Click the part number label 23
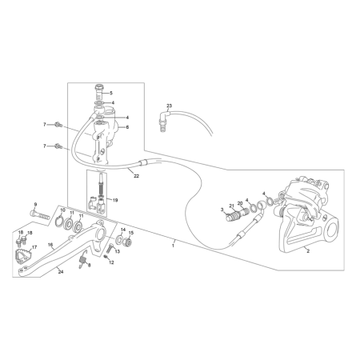(x=169, y=106)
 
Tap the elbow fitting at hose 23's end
(x=163, y=120)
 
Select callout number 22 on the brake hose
(x=136, y=176)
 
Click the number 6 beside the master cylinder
(x=127, y=127)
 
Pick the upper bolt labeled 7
(x=58, y=124)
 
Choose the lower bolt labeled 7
(x=58, y=146)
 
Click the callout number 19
(x=115, y=200)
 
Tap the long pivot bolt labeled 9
(x=40, y=214)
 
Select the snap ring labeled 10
(x=60, y=221)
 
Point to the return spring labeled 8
(x=83, y=259)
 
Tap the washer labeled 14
(x=119, y=238)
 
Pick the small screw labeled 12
(x=106, y=257)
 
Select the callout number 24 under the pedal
(x=61, y=272)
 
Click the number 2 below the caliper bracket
(x=308, y=251)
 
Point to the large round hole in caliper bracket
(x=332, y=230)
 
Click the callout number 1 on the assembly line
(x=173, y=246)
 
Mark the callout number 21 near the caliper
(x=231, y=206)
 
